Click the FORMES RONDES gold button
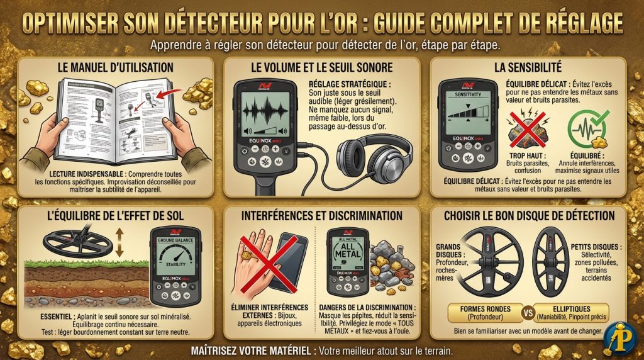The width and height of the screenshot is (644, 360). pyautogui.click(x=481, y=312)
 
